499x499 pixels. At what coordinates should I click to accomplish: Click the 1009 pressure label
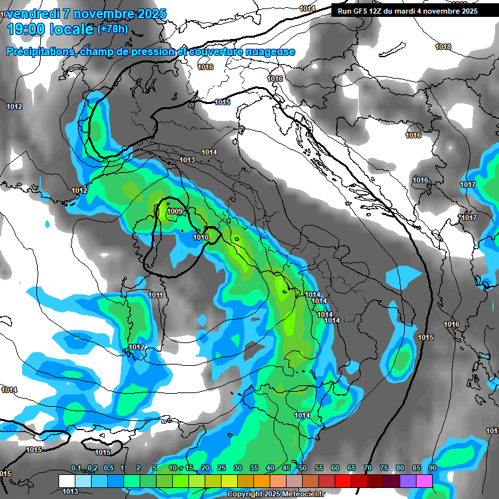pyautogui.click(x=174, y=211)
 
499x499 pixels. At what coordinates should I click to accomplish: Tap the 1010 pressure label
pyautogui.click(x=201, y=238)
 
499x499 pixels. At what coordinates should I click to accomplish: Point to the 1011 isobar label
pyautogui.click(x=155, y=295)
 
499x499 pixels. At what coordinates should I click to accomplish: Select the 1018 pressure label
pyautogui.click(x=443, y=47)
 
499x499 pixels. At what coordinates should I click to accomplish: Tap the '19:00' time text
pyautogui.click(x=29, y=30)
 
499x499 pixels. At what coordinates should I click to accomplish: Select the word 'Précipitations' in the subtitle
pyautogui.click(x=38, y=52)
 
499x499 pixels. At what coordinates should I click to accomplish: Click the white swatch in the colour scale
pyautogui.click(x=66, y=481)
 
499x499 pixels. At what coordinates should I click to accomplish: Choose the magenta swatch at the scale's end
pyautogui.click(x=424, y=481)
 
